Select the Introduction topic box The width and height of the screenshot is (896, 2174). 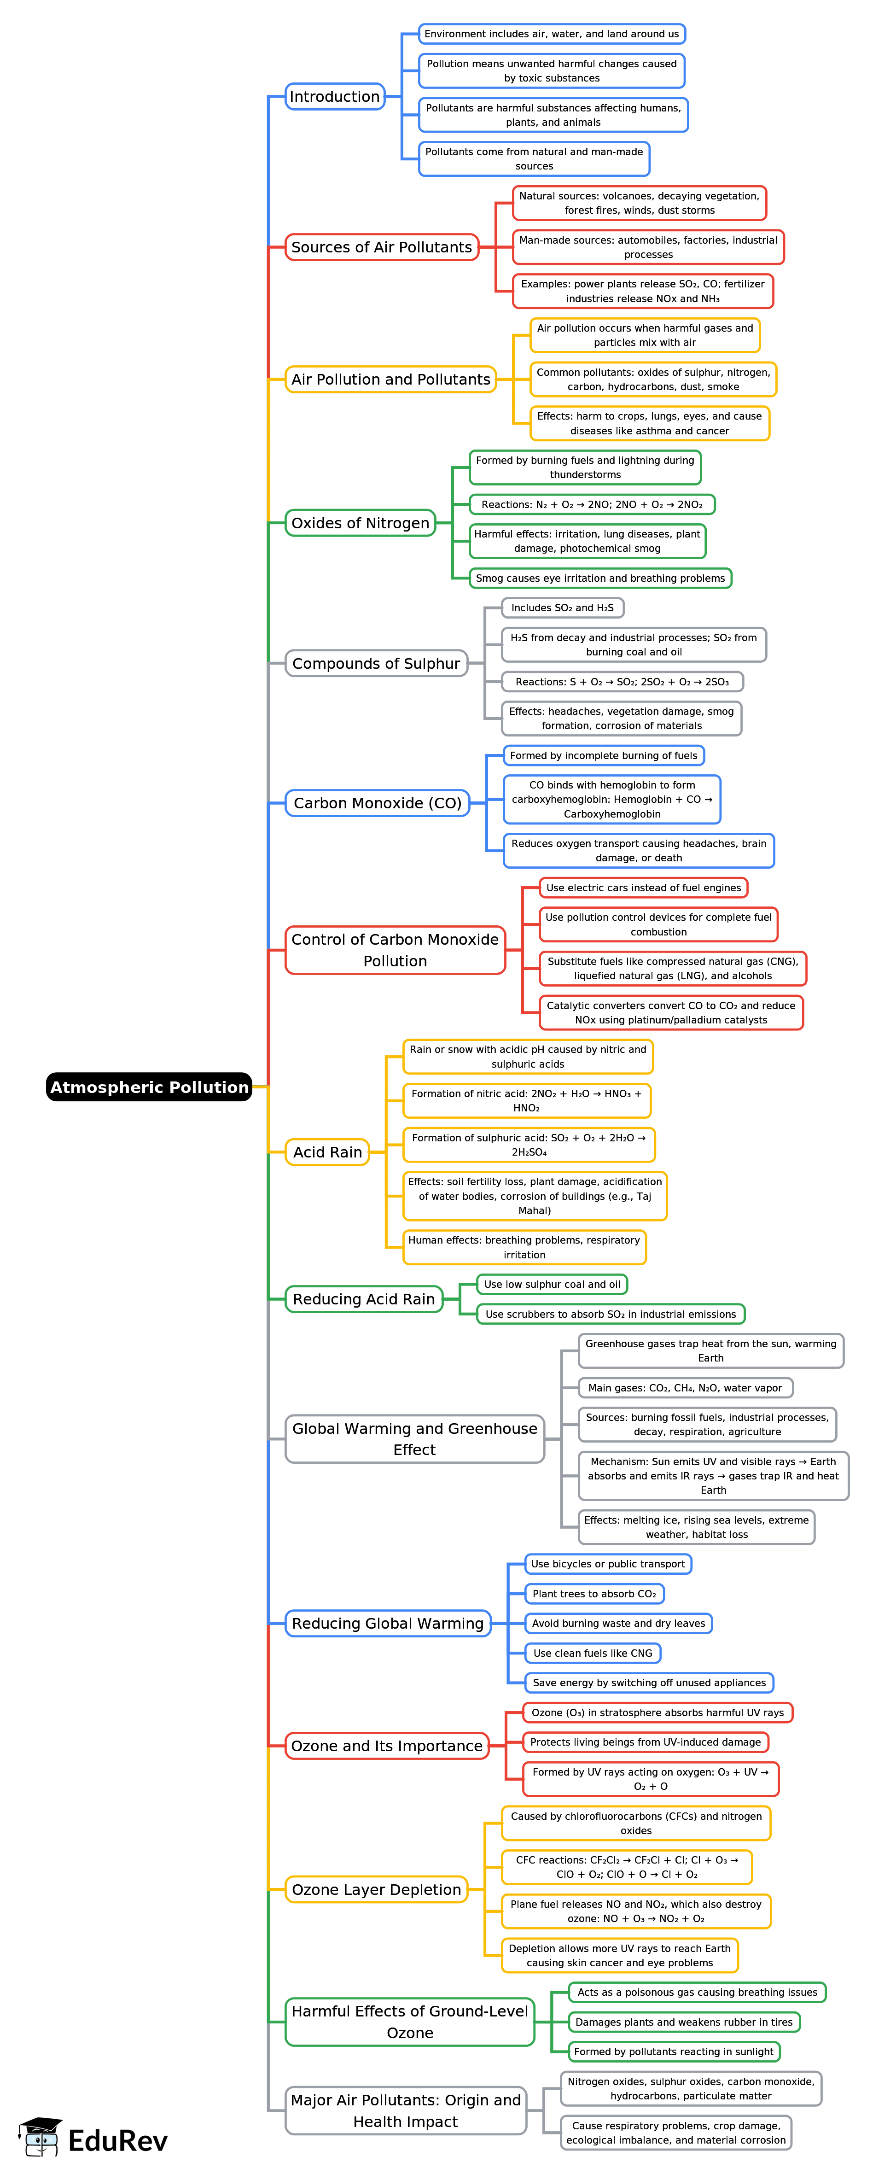pyautogui.click(x=334, y=96)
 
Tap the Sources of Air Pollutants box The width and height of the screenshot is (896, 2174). pyautogui.click(x=381, y=247)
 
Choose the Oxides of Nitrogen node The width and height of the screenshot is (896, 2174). pyautogui.click(x=360, y=523)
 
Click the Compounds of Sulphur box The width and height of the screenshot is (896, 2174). pyautogui.click(x=376, y=663)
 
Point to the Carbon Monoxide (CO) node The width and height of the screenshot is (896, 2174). pyautogui.click(x=377, y=803)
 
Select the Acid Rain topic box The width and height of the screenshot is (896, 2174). pyautogui.click(x=327, y=1152)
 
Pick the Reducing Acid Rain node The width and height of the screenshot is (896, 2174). pyautogui.click(x=364, y=1299)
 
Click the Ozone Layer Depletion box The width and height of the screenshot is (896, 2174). pyautogui.click(x=376, y=1890)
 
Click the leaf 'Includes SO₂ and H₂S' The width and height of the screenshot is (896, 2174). pyautogui.click(x=563, y=608)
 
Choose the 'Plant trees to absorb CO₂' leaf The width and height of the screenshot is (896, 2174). pyautogui.click(x=594, y=1593)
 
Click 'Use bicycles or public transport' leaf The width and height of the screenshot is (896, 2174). pyautogui.click(x=607, y=1564)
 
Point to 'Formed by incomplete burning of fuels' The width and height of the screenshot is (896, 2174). pyautogui.click(x=603, y=755)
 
